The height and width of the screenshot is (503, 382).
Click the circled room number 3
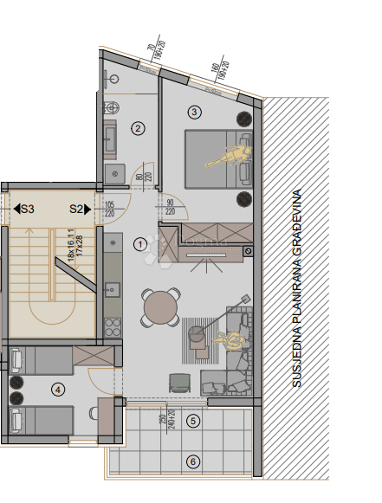pos(194,112)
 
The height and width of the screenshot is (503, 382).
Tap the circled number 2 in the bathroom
pos(138,129)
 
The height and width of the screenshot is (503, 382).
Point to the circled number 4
pos(57,390)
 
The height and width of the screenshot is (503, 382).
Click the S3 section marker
pos(24,209)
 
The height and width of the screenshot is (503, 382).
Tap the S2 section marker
pos(80,209)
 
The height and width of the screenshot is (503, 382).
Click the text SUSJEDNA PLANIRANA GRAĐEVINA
pos(297,287)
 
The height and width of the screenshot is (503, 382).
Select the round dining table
pos(161,306)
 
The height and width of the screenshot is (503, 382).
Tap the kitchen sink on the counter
pos(111,290)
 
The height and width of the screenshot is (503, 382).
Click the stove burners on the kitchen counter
pos(111,327)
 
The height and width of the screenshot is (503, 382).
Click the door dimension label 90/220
pos(169,207)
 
